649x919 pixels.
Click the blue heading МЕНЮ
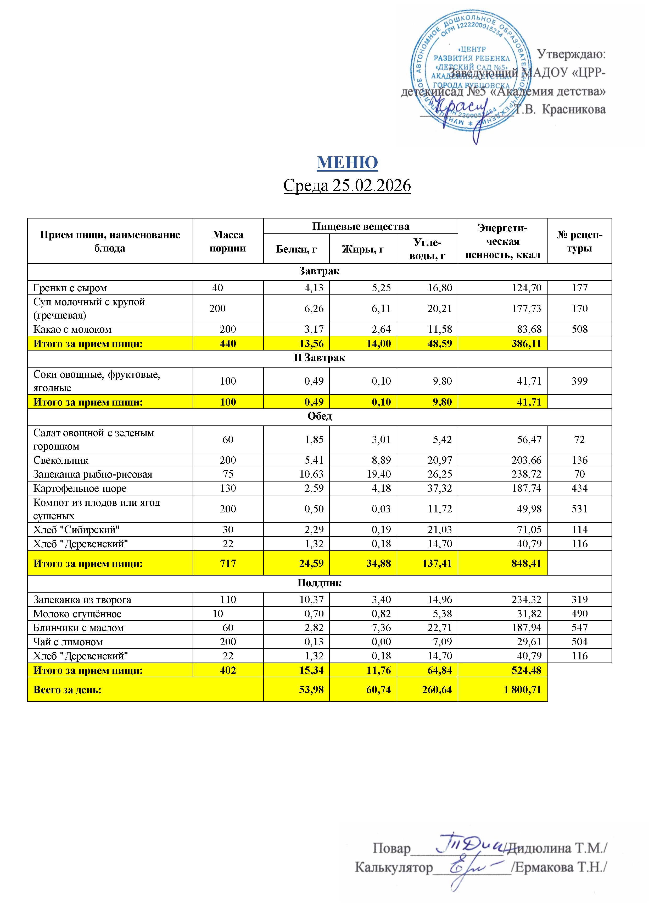click(x=347, y=162)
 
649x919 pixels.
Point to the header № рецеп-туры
click(x=579, y=241)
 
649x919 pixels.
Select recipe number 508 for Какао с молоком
click(x=579, y=329)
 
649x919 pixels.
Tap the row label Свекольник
click(x=61, y=460)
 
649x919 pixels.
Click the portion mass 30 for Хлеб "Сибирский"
click(x=228, y=529)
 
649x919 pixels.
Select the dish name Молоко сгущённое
click(x=77, y=614)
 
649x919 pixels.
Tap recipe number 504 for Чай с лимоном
click(x=579, y=642)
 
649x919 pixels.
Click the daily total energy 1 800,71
click(x=522, y=690)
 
